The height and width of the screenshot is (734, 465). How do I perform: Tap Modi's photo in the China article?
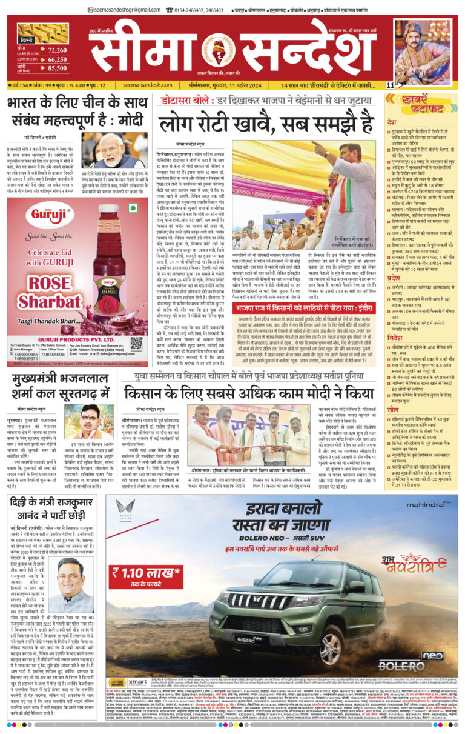tap(107, 152)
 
